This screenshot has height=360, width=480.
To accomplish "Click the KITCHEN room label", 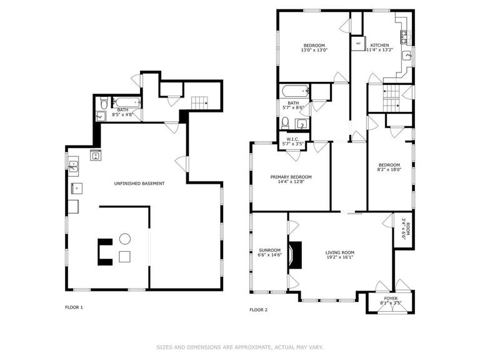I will click(379, 46).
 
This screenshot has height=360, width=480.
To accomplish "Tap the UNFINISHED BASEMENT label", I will click(139, 183).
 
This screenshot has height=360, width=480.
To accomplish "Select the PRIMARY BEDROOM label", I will click(291, 177).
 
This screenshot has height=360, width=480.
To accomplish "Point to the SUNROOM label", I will click(269, 250).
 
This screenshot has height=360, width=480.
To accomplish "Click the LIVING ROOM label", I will click(339, 252).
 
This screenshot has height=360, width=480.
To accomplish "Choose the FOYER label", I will click(391, 299).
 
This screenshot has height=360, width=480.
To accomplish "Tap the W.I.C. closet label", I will click(293, 139).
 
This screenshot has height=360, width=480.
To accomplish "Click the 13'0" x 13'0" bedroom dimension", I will click(314, 51).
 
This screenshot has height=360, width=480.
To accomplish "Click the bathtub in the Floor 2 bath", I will click(294, 91).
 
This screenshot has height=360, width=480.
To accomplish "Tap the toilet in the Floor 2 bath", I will click(286, 122).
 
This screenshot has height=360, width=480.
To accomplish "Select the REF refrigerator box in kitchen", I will click(358, 44).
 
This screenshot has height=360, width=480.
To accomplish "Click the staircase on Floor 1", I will click(199, 102).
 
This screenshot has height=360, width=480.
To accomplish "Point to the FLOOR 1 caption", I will click(74, 307).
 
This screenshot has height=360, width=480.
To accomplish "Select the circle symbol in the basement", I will click(124, 238).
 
